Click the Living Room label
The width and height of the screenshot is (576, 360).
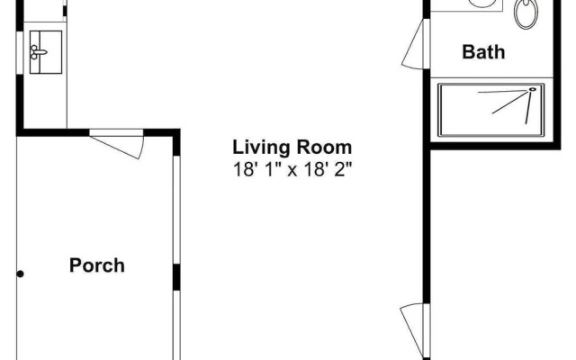[x=292, y=148]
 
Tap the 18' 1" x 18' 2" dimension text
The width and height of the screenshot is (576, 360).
[x=292, y=170]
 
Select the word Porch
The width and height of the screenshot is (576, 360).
[x=97, y=265]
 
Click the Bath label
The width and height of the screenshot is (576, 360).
[x=483, y=52]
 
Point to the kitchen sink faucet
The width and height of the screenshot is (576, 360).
[x=38, y=52]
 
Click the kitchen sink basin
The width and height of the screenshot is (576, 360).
[x=46, y=52]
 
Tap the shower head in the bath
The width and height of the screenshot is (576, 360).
[x=532, y=89]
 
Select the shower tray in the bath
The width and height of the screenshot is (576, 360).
[x=491, y=110]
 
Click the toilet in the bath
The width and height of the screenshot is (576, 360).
[x=526, y=13]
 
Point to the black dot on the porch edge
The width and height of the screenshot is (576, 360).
[x=21, y=274]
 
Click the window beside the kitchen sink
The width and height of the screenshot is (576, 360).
[x=20, y=53]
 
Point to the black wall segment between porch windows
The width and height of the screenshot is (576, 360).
[x=176, y=277]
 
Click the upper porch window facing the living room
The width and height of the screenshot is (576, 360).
[x=176, y=210]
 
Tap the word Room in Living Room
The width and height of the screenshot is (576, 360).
[x=324, y=148]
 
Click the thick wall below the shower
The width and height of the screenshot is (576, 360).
[x=495, y=146]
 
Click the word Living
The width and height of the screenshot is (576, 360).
[x=262, y=148]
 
